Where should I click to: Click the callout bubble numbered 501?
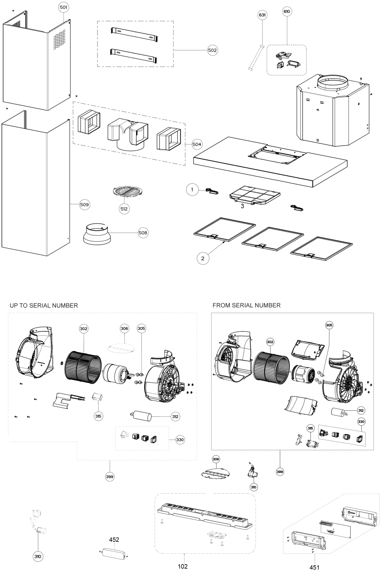pos(64,7)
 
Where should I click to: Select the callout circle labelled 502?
pos(212,50)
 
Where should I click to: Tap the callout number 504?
pos(197,144)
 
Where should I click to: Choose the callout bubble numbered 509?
pos(84,205)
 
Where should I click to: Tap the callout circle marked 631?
pos(262,15)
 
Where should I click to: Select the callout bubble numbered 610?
pos(287,11)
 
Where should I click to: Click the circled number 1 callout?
pos(192,189)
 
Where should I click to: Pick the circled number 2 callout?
pos(203,259)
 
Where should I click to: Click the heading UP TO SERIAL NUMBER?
pos(44,306)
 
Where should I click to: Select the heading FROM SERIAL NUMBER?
pos(246,305)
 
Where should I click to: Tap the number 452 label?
pos(114,540)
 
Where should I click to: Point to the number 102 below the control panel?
pos(182,566)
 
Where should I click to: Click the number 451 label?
pos(314,567)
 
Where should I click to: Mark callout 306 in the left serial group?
pos(124,329)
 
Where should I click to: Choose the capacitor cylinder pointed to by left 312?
pos(141,416)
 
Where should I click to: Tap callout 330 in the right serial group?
pos(361,422)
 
